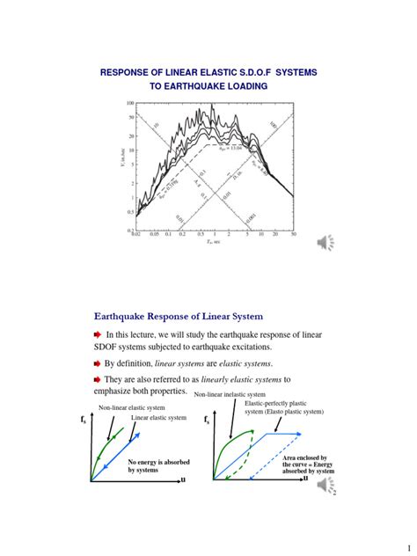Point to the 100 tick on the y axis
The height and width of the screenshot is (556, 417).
click(129, 104)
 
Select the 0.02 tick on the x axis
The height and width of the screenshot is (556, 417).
click(135, 236)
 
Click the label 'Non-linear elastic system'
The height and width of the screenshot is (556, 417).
click(131, 407)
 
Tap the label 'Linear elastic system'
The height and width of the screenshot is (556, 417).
click(158, 417)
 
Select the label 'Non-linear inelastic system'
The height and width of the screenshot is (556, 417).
click(230, 395)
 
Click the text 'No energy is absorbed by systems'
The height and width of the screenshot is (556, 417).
click(155, 466)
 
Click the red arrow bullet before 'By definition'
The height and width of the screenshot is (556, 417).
click(97, 362)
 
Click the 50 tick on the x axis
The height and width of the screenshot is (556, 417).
click(294, 236)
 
